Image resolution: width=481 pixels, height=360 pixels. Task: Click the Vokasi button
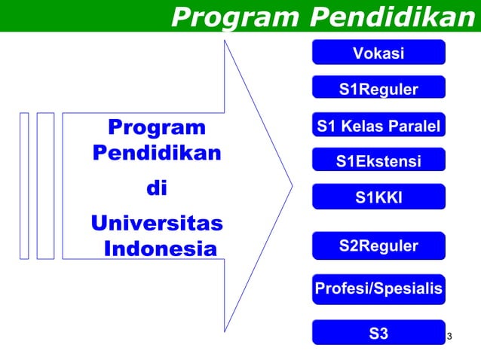click(x=378, y=53)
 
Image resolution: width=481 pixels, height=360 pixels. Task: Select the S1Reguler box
click(x=378, y=90)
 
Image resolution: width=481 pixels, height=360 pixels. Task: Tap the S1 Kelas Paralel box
click(x=378, y=126)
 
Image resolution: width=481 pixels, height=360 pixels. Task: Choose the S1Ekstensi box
click(x=378, y=161)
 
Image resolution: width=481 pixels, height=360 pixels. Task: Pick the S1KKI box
click(x=378, y=197)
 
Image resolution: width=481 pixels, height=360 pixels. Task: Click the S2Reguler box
click(x=378, y=246)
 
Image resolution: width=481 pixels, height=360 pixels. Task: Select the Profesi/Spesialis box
click(x=378, y=288)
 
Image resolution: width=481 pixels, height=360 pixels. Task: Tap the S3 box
click(x=378, y=332)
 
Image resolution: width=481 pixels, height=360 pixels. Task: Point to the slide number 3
click(x=449, y=335)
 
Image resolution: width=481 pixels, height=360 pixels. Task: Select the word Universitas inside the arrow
click(x=157, y=224)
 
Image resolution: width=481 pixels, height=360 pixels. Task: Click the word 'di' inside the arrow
click(x=156, y=188)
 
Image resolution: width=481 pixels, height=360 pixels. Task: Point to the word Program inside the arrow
click(x=157, y=127)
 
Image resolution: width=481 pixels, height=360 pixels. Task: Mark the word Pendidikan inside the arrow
click(x=157, y=152)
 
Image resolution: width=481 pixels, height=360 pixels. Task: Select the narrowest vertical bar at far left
click(x=24, y=186)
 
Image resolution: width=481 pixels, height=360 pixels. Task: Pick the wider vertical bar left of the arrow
click(x=45, y=186)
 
